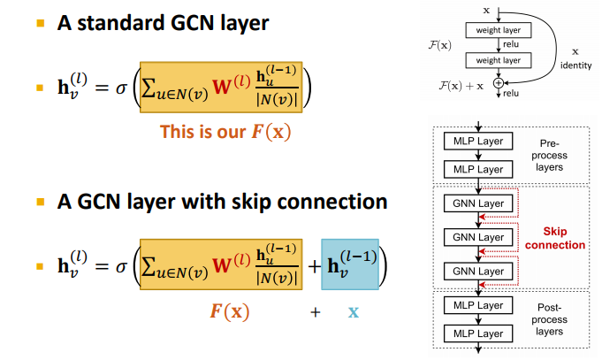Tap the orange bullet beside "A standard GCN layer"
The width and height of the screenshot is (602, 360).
(x=39, y=22)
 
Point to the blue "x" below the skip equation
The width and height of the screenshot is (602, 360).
(x=353, y=312)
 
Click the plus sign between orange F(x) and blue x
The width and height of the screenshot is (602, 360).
(x=315, y=312)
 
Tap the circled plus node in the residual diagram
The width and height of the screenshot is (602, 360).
(x=498, y=81)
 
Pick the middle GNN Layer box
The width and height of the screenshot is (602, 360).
(x=477, y=237)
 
